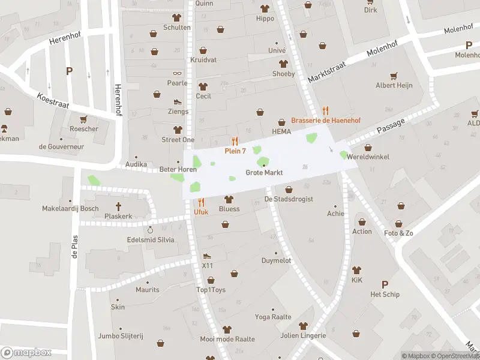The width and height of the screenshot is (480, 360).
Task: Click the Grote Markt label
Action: [x=264, y=173]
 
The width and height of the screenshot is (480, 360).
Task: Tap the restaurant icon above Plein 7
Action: [x=235, y=141]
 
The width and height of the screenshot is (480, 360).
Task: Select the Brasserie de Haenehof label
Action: [x=326, y=120]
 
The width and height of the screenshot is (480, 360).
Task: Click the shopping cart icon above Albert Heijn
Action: [x=394, y=76]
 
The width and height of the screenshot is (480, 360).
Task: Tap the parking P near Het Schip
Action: [x=385, y=284]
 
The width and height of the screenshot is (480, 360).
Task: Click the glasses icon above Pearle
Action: [x=177, y=73]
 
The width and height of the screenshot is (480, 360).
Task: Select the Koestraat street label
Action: [x=53, y=100]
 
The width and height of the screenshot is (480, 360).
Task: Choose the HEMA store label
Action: [x=281, y=131]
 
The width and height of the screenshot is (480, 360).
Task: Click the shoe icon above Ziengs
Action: [x=178, y=101]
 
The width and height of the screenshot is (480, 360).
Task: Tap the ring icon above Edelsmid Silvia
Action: [x=151, y=230]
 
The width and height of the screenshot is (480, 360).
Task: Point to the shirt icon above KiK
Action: [x=357, y=270]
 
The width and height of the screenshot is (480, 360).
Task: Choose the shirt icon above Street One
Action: [x=177, y=130]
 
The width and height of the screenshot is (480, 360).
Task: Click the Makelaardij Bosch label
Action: [x=70, y=209]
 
